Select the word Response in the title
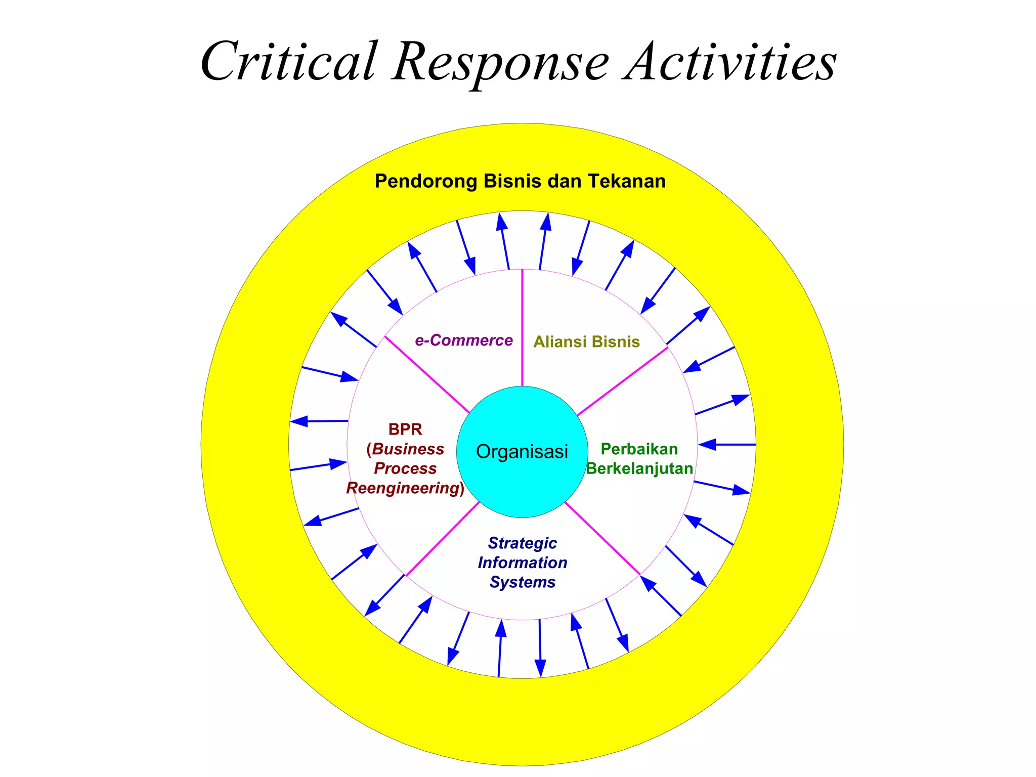click(x=501, y=63)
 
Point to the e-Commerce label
click(x=463, y=340)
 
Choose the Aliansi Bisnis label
click(x=586, y=342)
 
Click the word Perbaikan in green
click(x=639, y=449)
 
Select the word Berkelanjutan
click(x=639, y=468)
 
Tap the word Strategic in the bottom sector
click(x=522, y=543)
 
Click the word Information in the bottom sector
click(x=522, y=563)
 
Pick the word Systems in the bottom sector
click(x=522, y=582)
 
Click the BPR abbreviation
click(x=405, y=429)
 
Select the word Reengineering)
click(x=405, y=488)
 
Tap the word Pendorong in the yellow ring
click(x=426, y=181)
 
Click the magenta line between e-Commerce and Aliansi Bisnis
click(x=522, y=329)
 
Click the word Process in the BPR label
click(x=405, y=468)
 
